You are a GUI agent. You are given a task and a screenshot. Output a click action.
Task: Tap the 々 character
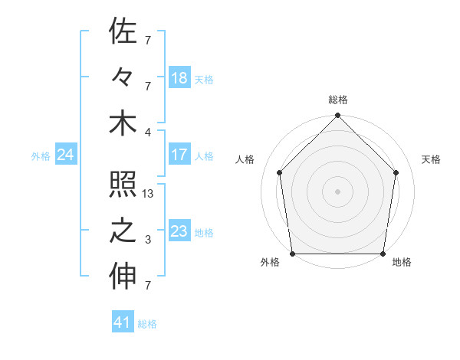click(123, 77)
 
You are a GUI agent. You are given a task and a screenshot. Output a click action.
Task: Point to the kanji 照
click(123, 185)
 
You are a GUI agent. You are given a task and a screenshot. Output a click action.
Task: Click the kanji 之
click(123, 231)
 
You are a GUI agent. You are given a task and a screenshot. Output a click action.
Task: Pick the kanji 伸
click(123, 278)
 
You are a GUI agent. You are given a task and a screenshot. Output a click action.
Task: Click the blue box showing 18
click(179, 78)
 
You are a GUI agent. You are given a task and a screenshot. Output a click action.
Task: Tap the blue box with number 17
click(179, 155)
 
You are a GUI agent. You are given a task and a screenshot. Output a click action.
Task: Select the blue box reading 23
click(179, 231)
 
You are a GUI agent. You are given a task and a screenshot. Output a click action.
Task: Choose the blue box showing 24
click(66, 155)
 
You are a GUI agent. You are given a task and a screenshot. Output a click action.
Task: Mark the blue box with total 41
click(123, 322)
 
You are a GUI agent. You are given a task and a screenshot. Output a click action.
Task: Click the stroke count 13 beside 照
click(148, 195)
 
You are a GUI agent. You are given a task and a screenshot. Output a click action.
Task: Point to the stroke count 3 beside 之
click(148, 241)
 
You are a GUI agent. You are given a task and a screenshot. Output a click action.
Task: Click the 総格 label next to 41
click(147, 324)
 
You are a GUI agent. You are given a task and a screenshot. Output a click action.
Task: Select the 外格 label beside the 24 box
click(41, 156)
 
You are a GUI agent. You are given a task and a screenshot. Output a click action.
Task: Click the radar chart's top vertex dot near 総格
click(338, 116)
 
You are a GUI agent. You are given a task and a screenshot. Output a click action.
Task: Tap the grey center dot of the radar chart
click(338, 191)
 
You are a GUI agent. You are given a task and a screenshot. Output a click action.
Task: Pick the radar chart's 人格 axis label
click(246, 159)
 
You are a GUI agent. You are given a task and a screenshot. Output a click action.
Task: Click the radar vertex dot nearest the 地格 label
click(383, 253)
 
